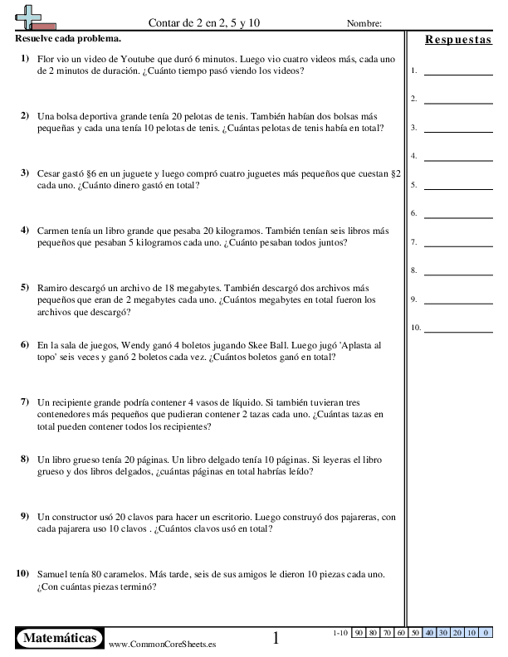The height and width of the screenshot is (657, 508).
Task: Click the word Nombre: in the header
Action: click(x=364, y=23)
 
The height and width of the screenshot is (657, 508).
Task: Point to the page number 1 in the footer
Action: click(x=276, y=638)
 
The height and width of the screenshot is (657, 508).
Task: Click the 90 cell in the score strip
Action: click(x=359, y=633)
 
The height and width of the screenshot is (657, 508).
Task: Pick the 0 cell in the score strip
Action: click(x=484, y=633)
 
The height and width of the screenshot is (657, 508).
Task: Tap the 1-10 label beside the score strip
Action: click(x=339, y=633)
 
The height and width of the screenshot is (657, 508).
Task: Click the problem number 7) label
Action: click(x=25, y=401)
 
